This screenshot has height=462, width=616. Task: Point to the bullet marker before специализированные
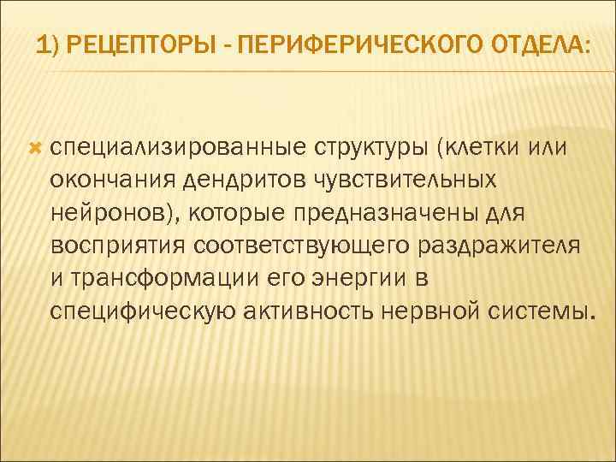pyautogui.click(x=34, y=149)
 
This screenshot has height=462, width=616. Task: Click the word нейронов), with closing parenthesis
pyautogui.click(x=115, y=212)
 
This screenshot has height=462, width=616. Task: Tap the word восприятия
pyautogui.click(x=118, y=244)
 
